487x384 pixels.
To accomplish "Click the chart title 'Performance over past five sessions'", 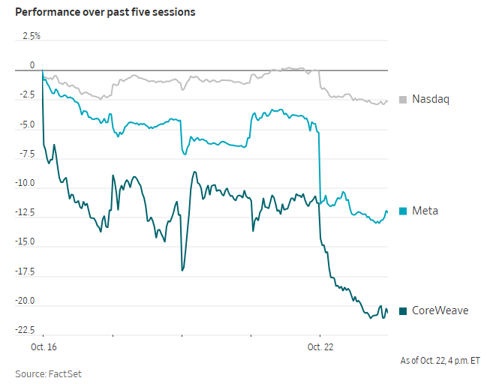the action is [x=105, y=12].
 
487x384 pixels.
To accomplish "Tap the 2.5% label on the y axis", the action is [x=32, y=36].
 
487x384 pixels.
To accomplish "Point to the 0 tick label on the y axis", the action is [x=32, y=65].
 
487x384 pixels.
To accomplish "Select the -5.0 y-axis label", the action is [x=27, y=124].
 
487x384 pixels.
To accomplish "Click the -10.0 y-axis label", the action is [x=26, y=183].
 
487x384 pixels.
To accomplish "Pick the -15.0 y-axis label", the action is [x=26, y=241].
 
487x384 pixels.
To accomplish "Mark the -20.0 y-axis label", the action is [x=26, y=301].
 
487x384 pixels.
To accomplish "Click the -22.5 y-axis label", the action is [x=26, y=330].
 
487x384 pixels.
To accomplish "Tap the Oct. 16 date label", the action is [x=44, y=346].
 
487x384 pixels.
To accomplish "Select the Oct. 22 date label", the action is [x=320, y=346].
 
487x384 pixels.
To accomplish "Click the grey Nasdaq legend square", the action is [x=403, y=100].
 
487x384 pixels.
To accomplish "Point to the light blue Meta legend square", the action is [x=403, y=211].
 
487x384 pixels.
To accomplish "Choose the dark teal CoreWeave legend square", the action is [x=403, y=310].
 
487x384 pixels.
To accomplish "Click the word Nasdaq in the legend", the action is [x=431, y=99].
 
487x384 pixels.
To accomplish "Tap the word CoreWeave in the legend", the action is [x=440, y=310].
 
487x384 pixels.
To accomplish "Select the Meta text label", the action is [x=425, y=211].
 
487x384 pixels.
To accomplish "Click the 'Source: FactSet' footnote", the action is [x=48, y=373].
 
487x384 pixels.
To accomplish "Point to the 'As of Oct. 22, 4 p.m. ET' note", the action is [x=440, y=361].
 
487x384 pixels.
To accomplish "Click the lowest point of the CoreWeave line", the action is [x=370, y=318].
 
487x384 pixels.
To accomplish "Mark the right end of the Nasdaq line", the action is [x=387, y=101].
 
